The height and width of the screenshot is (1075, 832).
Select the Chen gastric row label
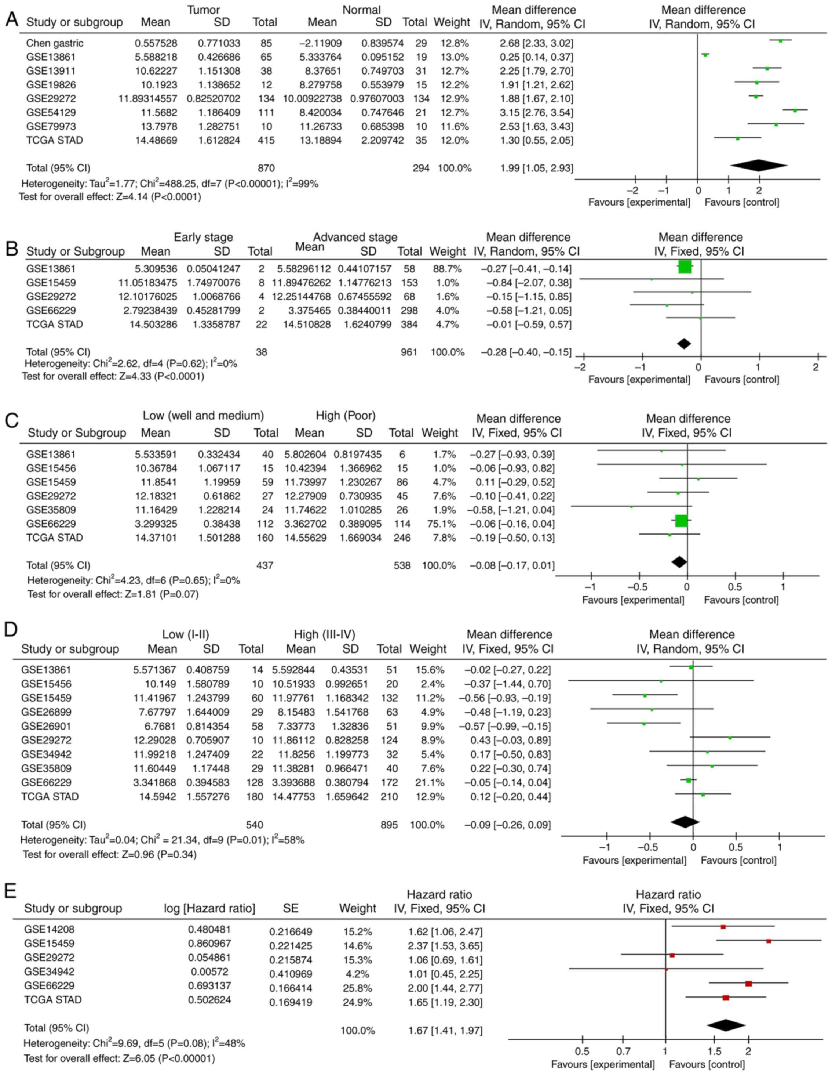(55, 43)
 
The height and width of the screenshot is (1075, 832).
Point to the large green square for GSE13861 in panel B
(685, 267)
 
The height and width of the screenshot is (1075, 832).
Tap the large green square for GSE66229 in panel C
(681, 521)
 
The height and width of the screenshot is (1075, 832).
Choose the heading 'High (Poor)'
(346, 416)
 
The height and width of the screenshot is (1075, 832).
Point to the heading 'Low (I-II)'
(189, 634)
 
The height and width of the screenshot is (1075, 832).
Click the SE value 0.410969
(291, 974)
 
